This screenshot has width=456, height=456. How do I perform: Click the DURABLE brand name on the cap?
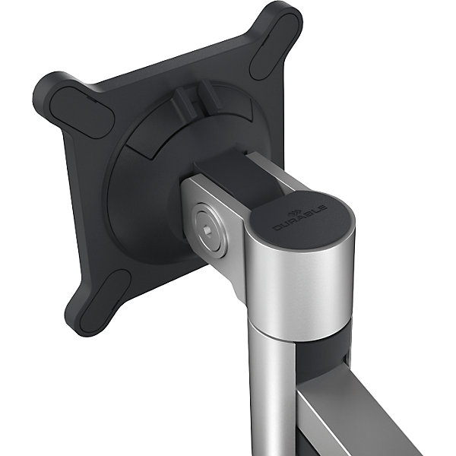coord(300,218)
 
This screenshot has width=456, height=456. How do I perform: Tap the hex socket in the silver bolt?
coord(208,230)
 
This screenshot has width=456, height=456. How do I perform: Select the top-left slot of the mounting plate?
coord(82,111)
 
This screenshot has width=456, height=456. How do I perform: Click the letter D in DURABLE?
coord(277,228)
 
